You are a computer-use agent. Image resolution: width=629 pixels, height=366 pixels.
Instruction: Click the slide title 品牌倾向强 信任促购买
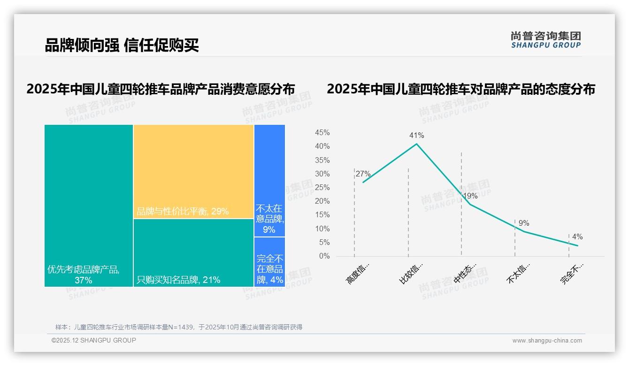122,45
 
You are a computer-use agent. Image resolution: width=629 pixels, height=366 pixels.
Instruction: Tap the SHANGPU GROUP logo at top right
545,39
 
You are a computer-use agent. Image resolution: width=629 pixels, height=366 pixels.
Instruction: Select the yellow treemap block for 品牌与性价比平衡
193,171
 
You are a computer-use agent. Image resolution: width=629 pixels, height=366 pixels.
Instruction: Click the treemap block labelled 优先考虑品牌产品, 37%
89,206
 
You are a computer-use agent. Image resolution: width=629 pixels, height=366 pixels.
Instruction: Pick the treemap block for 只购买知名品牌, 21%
193,252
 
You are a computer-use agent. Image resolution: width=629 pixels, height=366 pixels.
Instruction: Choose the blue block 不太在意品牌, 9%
269,181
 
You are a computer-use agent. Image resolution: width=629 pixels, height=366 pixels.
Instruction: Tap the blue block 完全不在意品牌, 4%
269,262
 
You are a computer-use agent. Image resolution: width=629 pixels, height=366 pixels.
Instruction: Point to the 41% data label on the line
416,136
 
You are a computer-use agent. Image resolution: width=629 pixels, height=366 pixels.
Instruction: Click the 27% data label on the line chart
363,174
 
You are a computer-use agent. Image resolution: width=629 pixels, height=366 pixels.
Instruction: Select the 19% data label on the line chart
470,196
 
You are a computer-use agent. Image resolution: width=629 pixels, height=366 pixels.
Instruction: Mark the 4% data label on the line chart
577,237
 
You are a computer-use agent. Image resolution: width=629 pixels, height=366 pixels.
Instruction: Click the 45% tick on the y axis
322,133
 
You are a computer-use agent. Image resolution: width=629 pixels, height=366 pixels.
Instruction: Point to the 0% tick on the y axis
324,256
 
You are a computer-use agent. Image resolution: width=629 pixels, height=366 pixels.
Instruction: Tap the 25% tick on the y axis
322,188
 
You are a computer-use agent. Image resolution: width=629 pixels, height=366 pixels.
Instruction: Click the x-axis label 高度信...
358,274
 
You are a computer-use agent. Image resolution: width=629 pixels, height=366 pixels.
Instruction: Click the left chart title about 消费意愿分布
161,89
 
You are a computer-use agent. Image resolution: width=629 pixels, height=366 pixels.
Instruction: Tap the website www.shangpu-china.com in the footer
547,341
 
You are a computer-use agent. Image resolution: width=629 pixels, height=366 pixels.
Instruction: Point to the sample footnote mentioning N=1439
179,327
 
